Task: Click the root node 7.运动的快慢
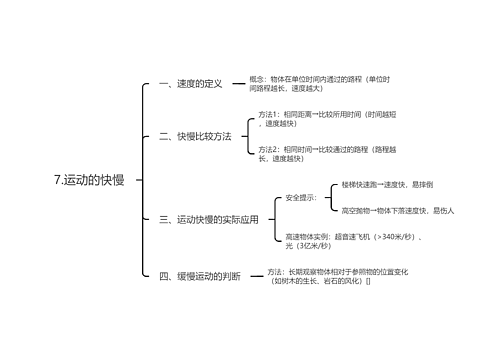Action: (x=90, y=180)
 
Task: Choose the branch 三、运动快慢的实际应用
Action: (x=209, y=219)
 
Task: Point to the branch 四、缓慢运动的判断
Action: (x=200, y=276)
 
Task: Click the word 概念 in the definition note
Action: (x=258, y=78)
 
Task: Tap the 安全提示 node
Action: (x=300, y=197)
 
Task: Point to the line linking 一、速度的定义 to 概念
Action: (x=237, y=83)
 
